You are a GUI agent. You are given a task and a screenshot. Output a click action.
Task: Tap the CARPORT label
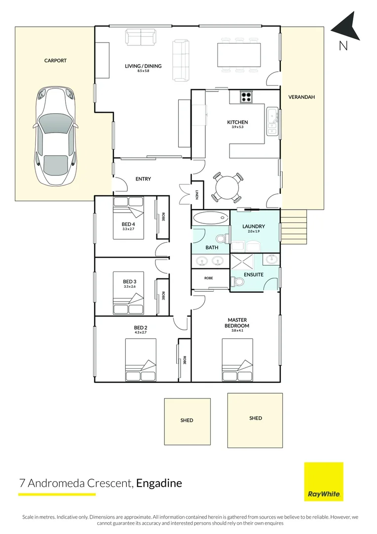coord(55,61)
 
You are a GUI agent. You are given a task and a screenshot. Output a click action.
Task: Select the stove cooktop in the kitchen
coord(246,97)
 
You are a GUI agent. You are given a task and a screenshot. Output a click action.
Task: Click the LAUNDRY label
coord(254,226)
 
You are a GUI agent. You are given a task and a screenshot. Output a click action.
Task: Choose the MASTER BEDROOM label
coord(237,323)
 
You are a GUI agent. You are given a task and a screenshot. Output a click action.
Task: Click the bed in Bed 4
coord(128,218)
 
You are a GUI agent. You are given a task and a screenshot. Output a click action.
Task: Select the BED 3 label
coord(129,282)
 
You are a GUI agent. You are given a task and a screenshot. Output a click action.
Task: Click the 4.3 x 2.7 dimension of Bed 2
coord(141,332)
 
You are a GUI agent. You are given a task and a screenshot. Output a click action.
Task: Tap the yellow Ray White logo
coord(324,482)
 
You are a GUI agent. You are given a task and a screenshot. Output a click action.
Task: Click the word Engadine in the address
coord(159,483)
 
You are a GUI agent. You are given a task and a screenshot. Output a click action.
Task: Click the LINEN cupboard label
coord(197,195)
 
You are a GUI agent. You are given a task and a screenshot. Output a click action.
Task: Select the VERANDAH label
coord(302,97)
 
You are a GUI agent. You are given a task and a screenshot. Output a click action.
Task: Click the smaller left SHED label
coord(187,420)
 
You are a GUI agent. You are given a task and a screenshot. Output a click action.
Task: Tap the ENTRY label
coord(143,179)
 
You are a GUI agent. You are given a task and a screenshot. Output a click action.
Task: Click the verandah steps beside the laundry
coord(294,226)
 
